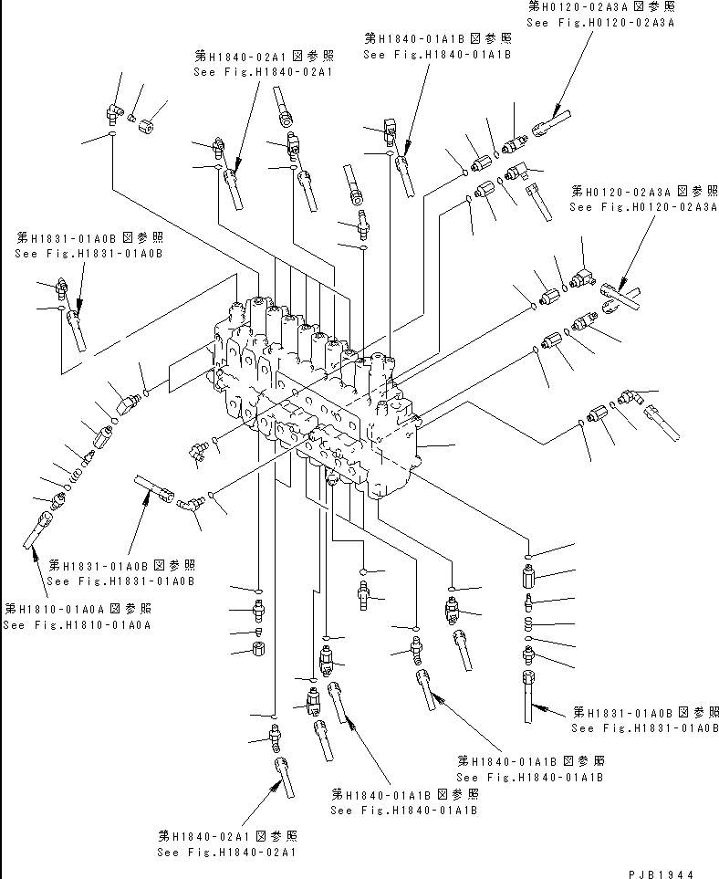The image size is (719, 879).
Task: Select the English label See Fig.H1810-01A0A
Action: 77,625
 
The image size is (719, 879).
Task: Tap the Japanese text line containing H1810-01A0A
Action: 78,608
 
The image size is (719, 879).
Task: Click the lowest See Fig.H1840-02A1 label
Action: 226,853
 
